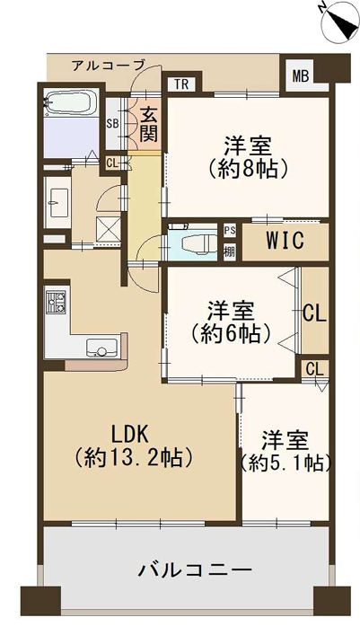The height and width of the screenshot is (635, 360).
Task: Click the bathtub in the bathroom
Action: [x=71, y=103]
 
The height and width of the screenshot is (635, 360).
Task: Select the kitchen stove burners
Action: [x=57, y=301]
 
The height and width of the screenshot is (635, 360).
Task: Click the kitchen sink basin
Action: [x=101, y=348]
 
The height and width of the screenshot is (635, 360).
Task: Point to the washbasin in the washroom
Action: [x=57, y=202]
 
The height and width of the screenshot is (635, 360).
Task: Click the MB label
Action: [x=301, y=75]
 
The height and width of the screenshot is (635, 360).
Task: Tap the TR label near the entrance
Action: [x=181, y=84]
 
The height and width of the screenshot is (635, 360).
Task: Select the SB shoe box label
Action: [x=112, y=124]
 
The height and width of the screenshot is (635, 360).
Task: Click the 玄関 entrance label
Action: [x=148, y=125]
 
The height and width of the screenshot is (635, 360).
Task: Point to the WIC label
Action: [x=285, y=241]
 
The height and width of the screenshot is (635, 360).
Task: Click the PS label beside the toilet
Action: [x=230, y=230]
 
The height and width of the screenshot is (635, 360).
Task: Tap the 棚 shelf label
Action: [x=230, y=251]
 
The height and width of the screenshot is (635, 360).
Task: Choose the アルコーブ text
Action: [x=108, y=65]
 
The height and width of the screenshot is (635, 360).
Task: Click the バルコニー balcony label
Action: [x=195, y=571]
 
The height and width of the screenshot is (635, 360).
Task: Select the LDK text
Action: [x=131, y=436]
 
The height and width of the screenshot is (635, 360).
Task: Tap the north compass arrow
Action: [x=342, y=22]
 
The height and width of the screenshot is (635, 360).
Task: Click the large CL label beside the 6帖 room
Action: [x=314, y=313]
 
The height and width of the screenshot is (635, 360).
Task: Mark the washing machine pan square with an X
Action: [x=108, y=229]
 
